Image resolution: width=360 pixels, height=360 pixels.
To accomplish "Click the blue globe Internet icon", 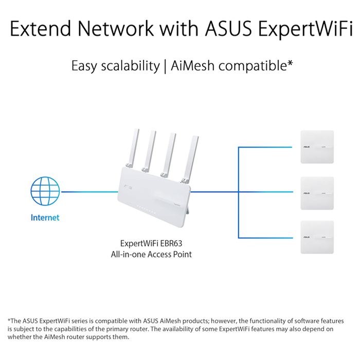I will click(x=45, y=192).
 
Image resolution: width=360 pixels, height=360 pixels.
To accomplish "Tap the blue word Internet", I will click(x=45, y=218).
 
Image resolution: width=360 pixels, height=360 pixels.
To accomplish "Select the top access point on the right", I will click(x=317, y=147).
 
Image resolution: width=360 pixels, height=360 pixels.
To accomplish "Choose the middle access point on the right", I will click(x=317, y=193).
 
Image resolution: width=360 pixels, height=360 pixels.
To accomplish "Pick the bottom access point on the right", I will click(x=317, y=237).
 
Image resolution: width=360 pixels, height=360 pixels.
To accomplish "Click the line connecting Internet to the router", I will click(x=91, y=192).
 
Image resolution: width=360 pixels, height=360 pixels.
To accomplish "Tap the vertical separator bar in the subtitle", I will click(x=165, y=66).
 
